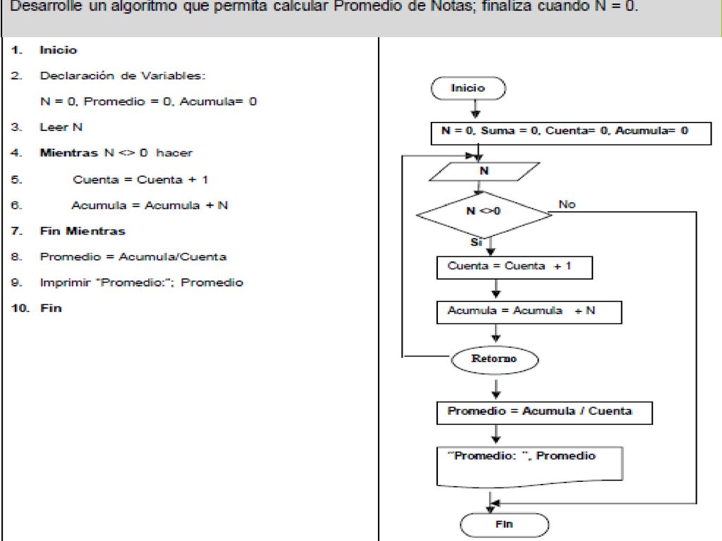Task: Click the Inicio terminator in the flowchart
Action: coord(468,88)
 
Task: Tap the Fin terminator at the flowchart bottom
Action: coord(504,524)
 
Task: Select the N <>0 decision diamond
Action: coord(484,214)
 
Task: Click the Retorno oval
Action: coord(494,360)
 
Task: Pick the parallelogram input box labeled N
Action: coord(484,172)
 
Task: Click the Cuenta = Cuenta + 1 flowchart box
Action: coord(514,268)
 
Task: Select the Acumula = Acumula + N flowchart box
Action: coord(529,312)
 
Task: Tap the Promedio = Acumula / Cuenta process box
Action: coord(544,413)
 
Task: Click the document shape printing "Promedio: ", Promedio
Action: coord(530,466)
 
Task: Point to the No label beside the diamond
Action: coord(567,204)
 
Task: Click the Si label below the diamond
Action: coord(476,242)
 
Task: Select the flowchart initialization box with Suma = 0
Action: coord(571,133)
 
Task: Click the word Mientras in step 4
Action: coord(69,153)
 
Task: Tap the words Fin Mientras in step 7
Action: coord(82,231)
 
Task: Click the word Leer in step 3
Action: coord(54,127)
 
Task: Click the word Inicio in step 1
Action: coord(58,50)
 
